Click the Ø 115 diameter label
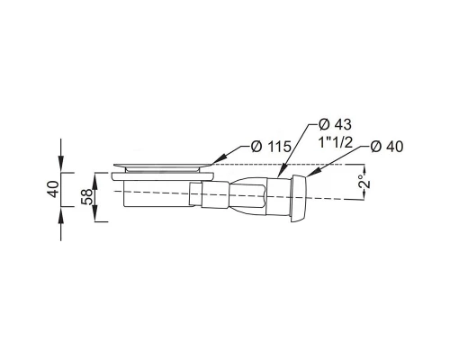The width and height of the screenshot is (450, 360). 271,147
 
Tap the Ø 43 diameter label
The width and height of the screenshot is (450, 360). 335,124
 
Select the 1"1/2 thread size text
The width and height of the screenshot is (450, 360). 335,143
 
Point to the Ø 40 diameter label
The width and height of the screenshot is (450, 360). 387,147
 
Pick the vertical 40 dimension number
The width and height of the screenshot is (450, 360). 53,189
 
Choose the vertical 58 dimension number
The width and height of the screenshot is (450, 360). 87,196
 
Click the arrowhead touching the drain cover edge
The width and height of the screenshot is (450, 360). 218,159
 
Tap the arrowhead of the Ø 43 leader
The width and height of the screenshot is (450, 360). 281,172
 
